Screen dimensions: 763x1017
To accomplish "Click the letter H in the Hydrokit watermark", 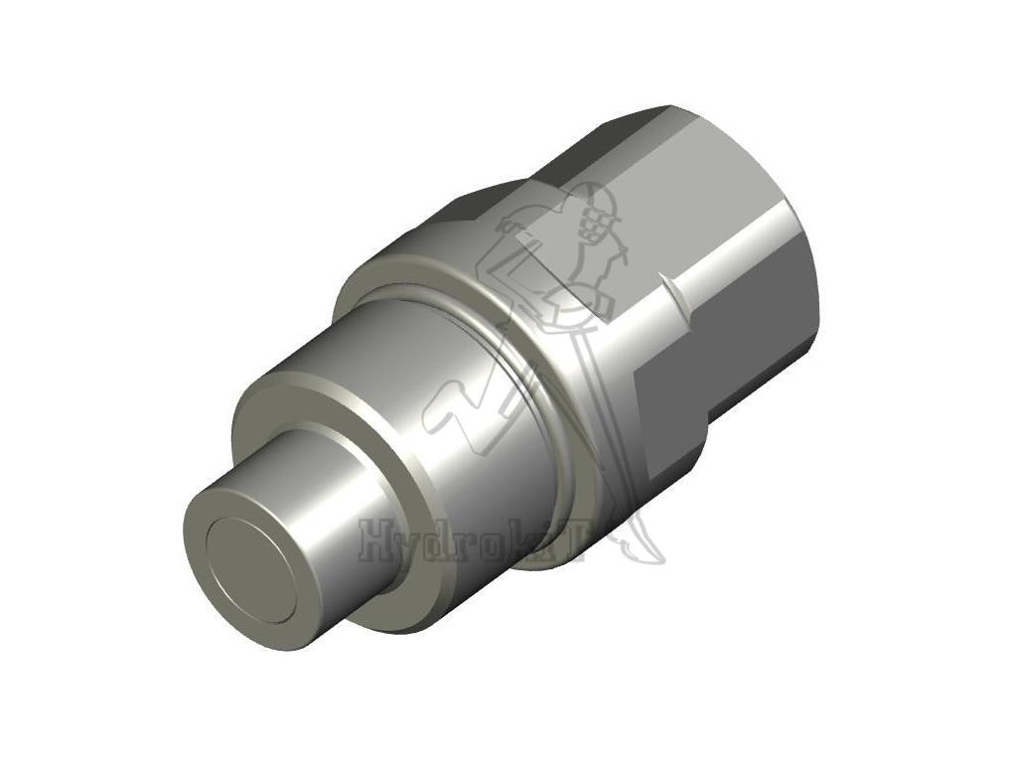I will coord(376,541).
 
